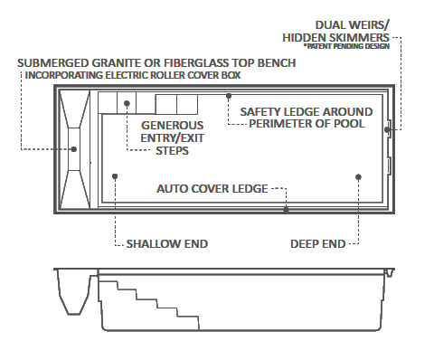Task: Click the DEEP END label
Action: click(x=317, y=243)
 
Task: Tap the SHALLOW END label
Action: click(x=166, y=243)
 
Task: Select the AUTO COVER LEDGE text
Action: click(x=212, y=189)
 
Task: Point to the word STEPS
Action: click(x=172, y=151)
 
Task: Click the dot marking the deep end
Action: click(x=359, y=176)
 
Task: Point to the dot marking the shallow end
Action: click(x=114, y=176)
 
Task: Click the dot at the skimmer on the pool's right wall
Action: click(x=386, y=130)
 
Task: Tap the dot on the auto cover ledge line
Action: click(x=286, y=209)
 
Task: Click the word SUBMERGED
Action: click(x=51, y=62)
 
